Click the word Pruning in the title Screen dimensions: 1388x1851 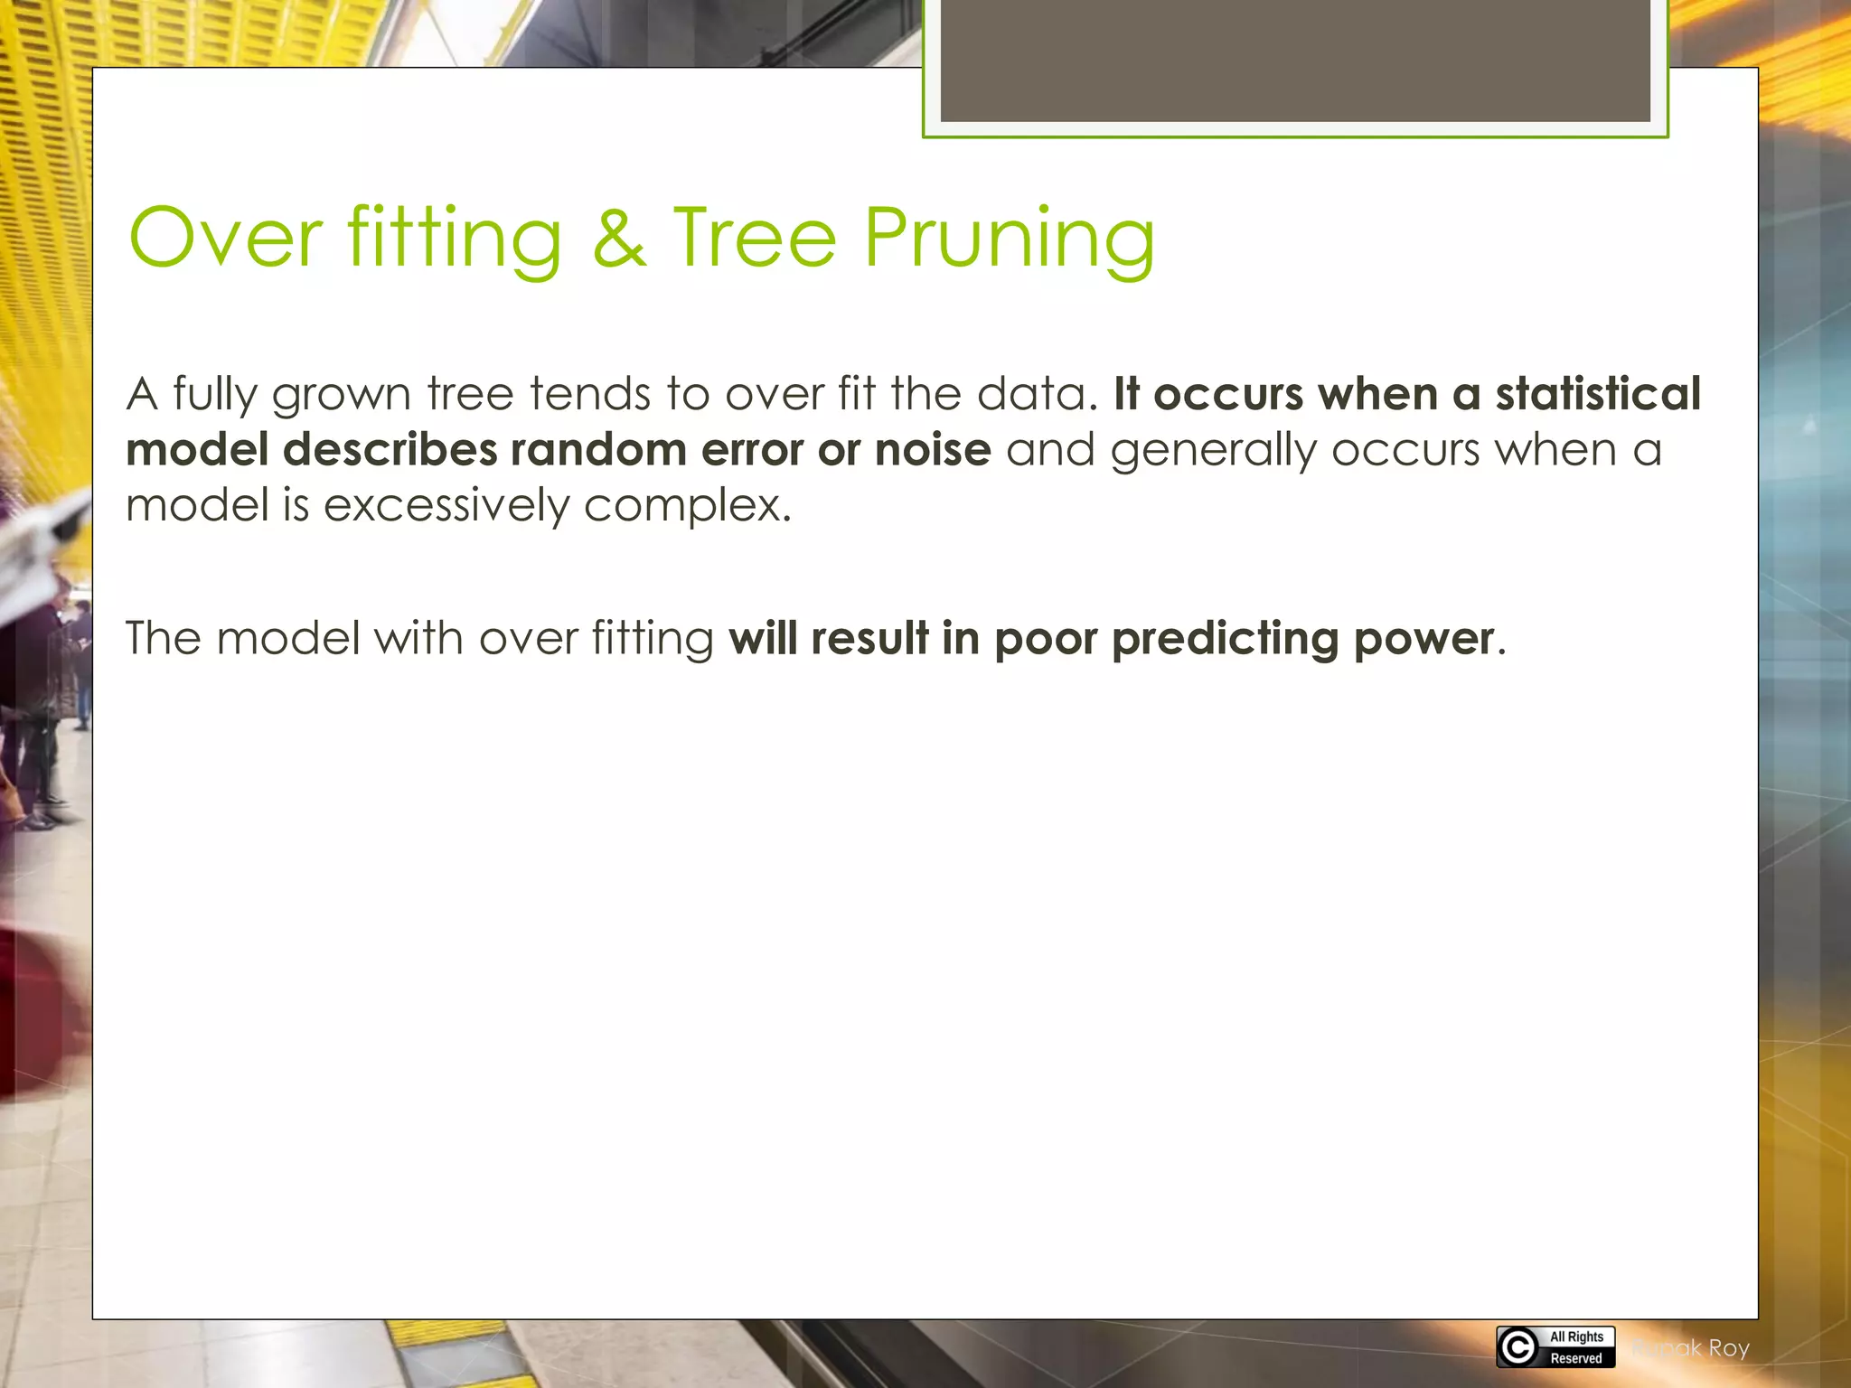tap(1009, 239)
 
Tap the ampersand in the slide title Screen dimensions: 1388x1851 tap(619, 239)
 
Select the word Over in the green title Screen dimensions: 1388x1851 tap(226, 239)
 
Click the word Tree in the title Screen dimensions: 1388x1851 tap(755, 239)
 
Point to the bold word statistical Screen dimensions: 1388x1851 tap(1598, 394)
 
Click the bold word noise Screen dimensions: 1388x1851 tap(933, 450)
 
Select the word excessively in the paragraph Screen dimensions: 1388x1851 tap(446, 506)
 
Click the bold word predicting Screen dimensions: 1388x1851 tap(1225, 640)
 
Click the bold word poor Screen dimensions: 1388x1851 tap(1046, 640)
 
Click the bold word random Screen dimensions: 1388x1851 tap(598, 450)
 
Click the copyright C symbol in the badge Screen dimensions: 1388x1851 tap(1517, 1347)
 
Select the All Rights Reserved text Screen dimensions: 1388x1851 tap(1576, 1347)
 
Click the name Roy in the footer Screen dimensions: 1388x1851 tap(1728, 1348)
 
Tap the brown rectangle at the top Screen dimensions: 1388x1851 tap(1294, 60)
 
